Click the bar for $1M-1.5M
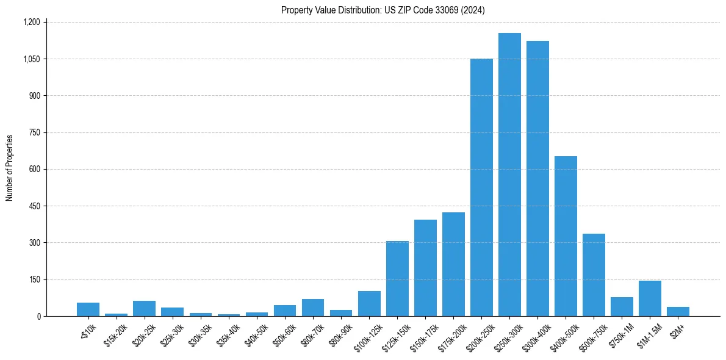coord(650,298)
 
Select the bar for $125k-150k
coord(397,278)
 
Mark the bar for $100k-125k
coord(369,303)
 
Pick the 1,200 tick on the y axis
coord(31,22)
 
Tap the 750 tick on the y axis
coord(34,132)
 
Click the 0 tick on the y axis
coord(38,316)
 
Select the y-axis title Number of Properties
coord(10,168)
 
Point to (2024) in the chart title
coord(474,10)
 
